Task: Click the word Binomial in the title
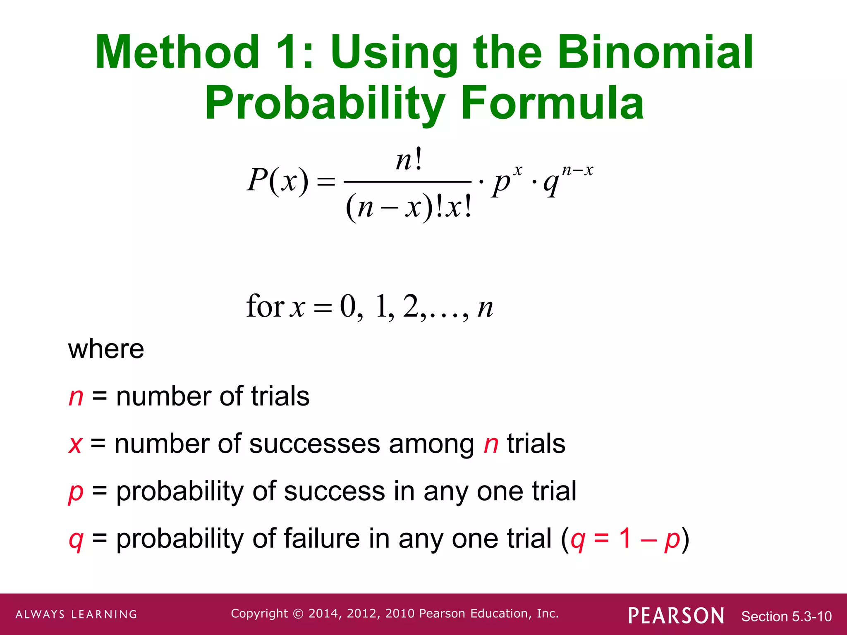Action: point(656,53)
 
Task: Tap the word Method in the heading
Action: point(177,53)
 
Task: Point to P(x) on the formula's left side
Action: point(278,180)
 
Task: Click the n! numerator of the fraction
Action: point(409,160)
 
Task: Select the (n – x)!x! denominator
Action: point(409,207)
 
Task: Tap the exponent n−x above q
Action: point(577,170)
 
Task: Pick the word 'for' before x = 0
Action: point(265,306)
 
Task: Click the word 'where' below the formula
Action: point(106,349)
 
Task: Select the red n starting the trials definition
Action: point(76,396)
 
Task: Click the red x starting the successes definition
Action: point(75,444)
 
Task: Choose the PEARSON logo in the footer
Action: point(676,616)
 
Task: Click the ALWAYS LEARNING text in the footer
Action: point(77,614)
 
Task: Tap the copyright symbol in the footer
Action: point(298,614)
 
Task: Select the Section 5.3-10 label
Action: point(786,616)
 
